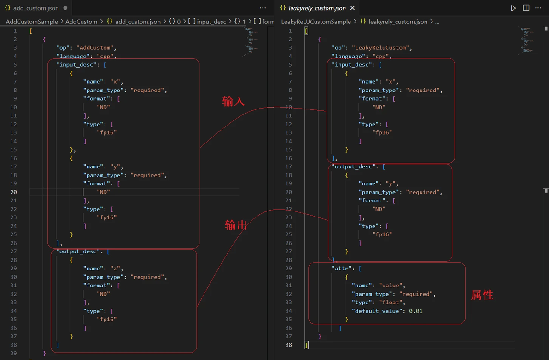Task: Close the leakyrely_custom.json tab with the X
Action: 353,8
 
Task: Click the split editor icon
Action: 526,8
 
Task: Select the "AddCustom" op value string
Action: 95,47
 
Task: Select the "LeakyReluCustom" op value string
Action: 381,47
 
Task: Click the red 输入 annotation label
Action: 233,101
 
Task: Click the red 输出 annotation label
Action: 236,225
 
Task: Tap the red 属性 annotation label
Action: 482,295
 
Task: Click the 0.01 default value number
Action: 415,311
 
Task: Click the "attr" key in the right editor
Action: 342,269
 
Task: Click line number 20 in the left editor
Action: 13,192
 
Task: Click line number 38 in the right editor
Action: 288,345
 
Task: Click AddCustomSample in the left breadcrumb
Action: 32,22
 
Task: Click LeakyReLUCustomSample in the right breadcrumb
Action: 316,22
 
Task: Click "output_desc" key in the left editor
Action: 78,251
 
